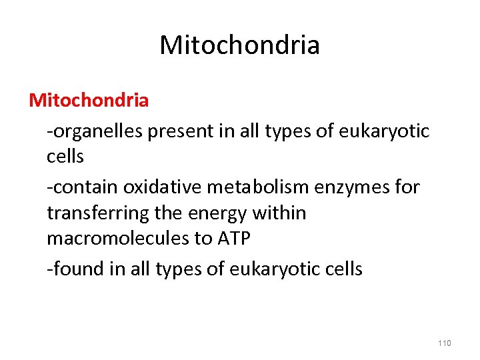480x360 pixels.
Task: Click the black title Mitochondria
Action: click(x=239, y=45)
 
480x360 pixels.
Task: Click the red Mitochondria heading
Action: click(x=89, y=101)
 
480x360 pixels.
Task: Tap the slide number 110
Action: click(x=445, y=343)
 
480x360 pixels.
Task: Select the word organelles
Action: click(x=97, y=131)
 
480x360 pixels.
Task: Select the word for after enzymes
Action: click(x=407, y=187)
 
